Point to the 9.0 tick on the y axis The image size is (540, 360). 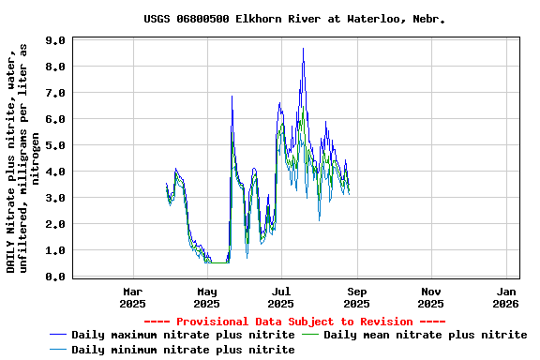click(x=54, y=41)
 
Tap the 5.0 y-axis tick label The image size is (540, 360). click(x=54, y=146)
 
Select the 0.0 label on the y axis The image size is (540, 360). click(x=54, y=277)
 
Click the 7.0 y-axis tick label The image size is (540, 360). click(x=54, y=94)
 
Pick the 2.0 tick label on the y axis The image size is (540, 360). click(x=54, y=225)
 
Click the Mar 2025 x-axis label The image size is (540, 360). click(x=133, y=297)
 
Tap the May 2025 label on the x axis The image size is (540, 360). click(x=206, y=297)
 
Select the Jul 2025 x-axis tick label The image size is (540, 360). click(x=281, y=297)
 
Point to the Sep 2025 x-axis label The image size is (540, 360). click(x=356, y=297)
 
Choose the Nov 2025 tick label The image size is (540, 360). click(x=430, y=297)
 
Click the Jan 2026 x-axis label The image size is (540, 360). click(x=505, y=297)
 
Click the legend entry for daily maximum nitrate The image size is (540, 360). click(x=183, y=335)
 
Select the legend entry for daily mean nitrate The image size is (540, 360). click(x=425, y=335)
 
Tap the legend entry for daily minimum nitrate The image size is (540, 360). click(x=183, y=350)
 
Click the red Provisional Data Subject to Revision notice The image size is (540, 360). click(x=294, y=322)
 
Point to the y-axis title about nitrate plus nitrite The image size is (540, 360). click(x=23, y=159)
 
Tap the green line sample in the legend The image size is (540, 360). click(x=310, y=335)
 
